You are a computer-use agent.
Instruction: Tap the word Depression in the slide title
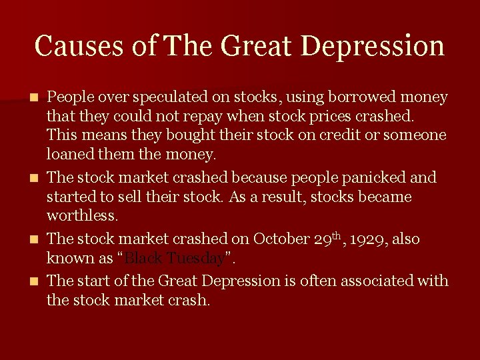pos(372,46)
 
